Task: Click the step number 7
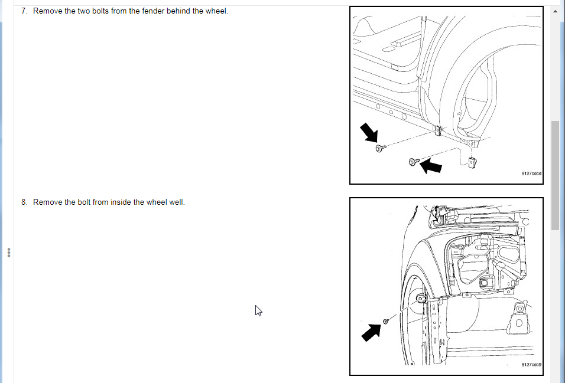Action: (x=24, y=11)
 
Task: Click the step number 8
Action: (x=24, y=202)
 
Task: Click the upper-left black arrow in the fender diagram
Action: (x=369, y=132)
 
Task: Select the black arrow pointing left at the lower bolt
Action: (x=431, y=166)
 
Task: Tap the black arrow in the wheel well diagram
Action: (x=371, y=332)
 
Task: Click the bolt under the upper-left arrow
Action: (x=381, y=148)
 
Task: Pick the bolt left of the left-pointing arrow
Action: (x=414, y=162)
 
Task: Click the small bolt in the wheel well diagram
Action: (x=385, y=321)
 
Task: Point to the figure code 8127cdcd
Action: (x=531, y=174)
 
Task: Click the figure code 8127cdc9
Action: (x=531, y=365)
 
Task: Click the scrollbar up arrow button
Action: (x=555, y=12)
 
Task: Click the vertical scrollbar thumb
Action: (x=555, y=175)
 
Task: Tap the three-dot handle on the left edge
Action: (x=9, y=253)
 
